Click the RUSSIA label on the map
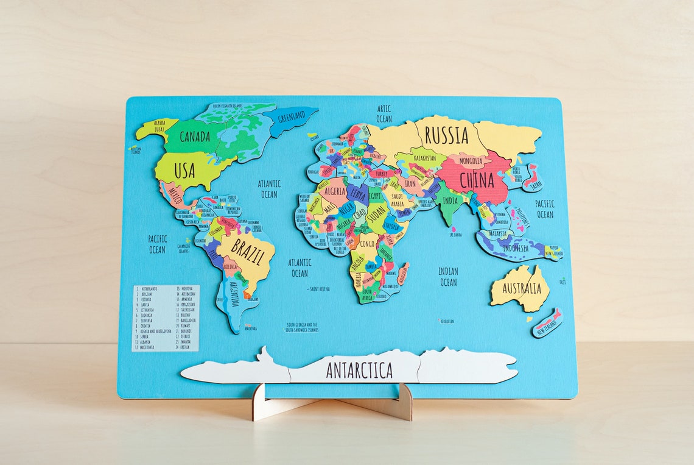click(x=446, y=135)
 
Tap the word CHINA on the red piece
click(x=476, y=180)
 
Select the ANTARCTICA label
click(x=359, y=370)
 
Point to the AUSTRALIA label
click(x=521, y=288)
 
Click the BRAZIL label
click(x=247, y=251)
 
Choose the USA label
click(x=184, y=171)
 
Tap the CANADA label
click(x=195, y=136)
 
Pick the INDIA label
click(x=450, y=201)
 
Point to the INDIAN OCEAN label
click(x=448, y=277)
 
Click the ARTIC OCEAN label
click(x=384, y=114)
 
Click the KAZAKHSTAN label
click(x=425, y=158)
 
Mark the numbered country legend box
click(x=166, y=318)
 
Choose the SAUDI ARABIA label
click(x=397, y=201)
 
